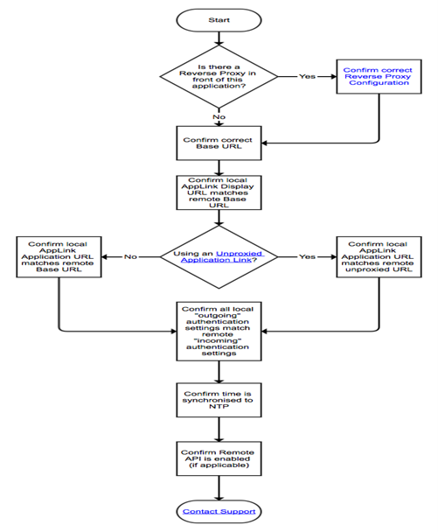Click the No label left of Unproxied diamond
point(129,256)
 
